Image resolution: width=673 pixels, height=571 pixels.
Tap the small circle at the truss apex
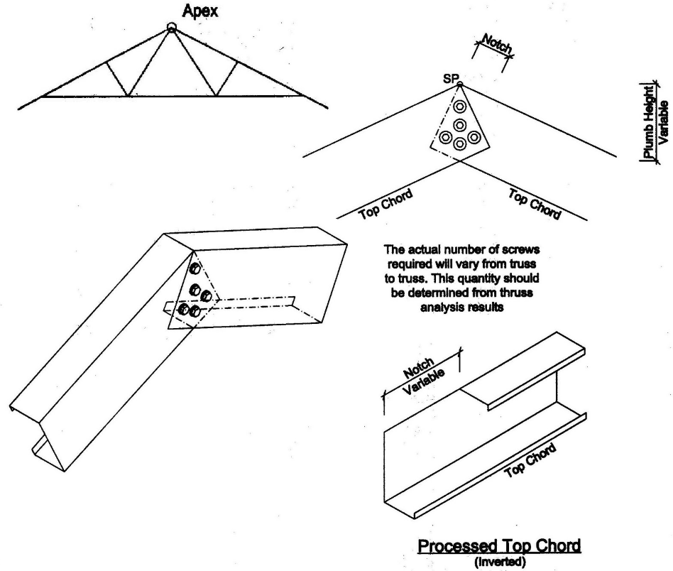(170, 28)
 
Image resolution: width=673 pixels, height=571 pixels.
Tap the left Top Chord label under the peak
(384, 197)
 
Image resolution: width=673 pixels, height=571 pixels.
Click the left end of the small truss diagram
(19, 109)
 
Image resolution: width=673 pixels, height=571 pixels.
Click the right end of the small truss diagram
(327, 108)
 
